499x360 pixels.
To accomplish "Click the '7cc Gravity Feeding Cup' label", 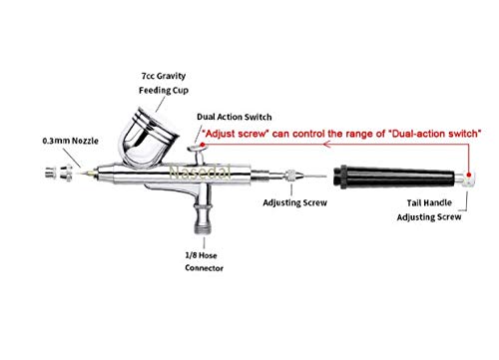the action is click(x=164, y=83).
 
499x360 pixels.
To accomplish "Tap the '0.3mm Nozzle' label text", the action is click(x=71, y=141).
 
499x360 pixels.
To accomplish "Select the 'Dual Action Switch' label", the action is click(x=235, y=117).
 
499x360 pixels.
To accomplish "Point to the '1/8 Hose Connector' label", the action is click(x=204, y=261).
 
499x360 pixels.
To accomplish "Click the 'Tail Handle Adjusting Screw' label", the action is click(x=429, y=209).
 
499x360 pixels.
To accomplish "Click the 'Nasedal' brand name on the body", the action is click(x=200, y=173).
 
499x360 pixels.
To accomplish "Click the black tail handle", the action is click(x=394, y=177).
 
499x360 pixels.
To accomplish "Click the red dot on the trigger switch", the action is click(x=203, y=145).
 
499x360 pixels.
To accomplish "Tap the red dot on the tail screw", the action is click(x=469, y=175).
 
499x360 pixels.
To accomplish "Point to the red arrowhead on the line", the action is click(x=326, y=145).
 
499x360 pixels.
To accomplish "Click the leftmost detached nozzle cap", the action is click(x=50, y=174).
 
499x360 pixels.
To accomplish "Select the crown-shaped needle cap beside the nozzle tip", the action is click(x=66, y=174).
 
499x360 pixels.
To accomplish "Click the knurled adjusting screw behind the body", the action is click(x=291, y=176).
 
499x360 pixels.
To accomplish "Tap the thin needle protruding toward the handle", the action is click(x=314, y=176).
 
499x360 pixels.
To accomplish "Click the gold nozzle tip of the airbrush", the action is click(x=87, y=173).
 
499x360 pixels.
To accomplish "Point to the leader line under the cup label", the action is click(x=161, y=105).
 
